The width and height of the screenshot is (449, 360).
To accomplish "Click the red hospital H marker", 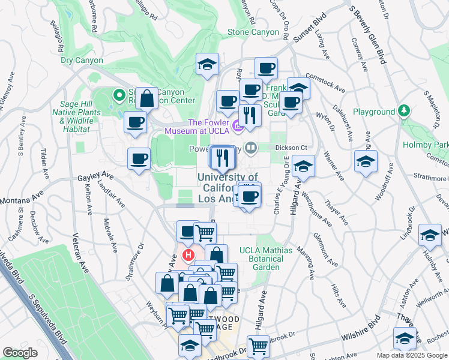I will (x=189, y=256).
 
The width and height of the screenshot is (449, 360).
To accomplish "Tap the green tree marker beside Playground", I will (x=405, y=112).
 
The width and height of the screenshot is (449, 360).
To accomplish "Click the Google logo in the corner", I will (x=20, y=353).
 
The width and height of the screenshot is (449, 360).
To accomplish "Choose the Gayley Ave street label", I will (x=96, y=177).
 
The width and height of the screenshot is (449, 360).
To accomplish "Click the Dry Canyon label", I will (x=82, y=61).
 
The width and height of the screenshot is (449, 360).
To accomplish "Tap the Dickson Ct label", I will (x=291, y=147).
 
